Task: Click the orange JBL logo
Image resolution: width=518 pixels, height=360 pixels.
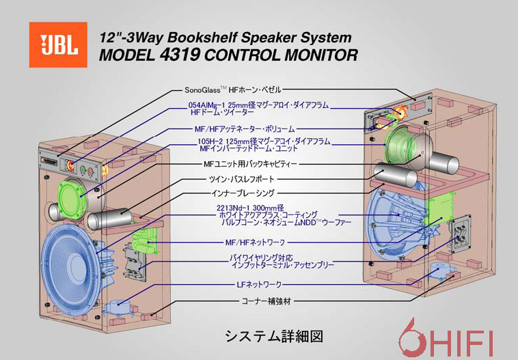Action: [x=58, y=44]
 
